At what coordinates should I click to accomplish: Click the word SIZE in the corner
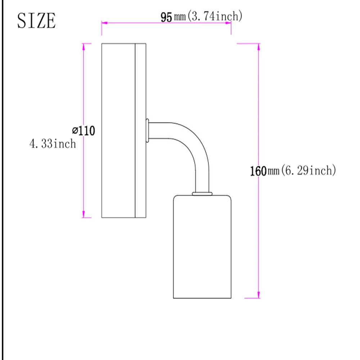pos(36,21)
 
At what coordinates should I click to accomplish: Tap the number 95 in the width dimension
pos(166,17)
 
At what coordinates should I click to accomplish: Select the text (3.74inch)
pos(215,16)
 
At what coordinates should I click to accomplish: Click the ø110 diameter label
pos(84,131)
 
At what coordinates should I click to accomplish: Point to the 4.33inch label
pos(53,144)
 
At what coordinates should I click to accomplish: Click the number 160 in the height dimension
pos(258,171)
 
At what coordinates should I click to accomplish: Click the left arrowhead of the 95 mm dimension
pos(104,23)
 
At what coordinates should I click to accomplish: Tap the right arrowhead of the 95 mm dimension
pos(228,23)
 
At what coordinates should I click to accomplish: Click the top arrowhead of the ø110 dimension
pos(84,46)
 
